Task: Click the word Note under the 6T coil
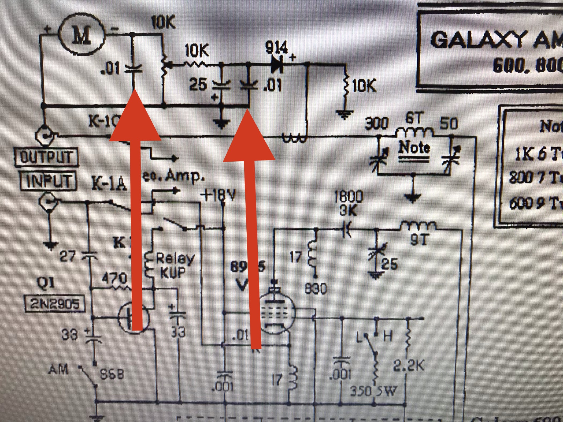tap(414, 148)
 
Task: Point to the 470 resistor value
tap(114, 279)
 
